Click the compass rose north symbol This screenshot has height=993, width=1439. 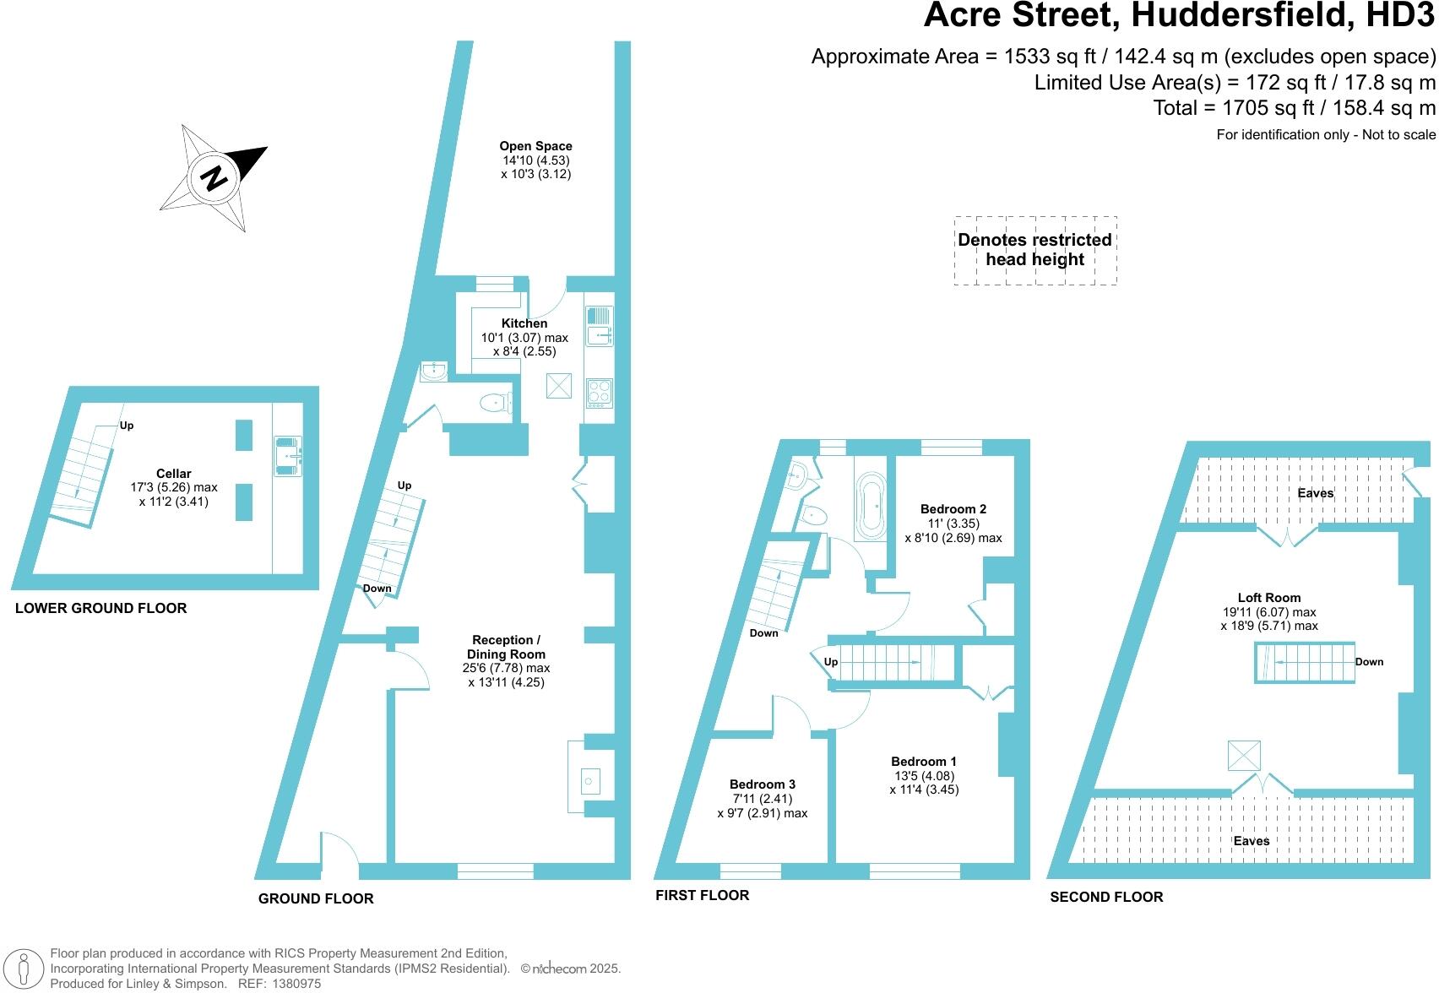tap(214, 177)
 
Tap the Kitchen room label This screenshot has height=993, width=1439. tap(524, 323)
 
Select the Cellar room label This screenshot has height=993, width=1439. tap(173, 474)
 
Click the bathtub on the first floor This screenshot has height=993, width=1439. tap(870, 505)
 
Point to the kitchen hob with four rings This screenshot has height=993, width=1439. tap(599, 393)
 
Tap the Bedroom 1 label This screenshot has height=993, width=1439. tap(923, 762)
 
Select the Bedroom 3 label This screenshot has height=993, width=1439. tap(762, 784)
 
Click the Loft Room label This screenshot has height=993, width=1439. tap(1268, 598)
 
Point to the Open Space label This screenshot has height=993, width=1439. tap(535, 146)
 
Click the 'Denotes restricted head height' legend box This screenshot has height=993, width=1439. tap(1034, 250)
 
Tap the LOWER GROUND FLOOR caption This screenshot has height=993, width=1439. tap(100, 608)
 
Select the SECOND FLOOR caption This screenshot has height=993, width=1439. tap(1106, 897)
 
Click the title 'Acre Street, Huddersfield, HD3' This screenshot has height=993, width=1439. tap(1179, 16)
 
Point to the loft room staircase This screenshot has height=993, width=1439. tap(1303, 662)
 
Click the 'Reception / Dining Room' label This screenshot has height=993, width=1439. tap(506, 647)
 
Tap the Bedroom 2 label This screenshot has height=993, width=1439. tap(953, 509)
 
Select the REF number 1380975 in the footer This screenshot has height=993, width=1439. tap(292, 984)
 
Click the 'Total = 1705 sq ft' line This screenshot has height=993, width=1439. tap(1294, 108)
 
